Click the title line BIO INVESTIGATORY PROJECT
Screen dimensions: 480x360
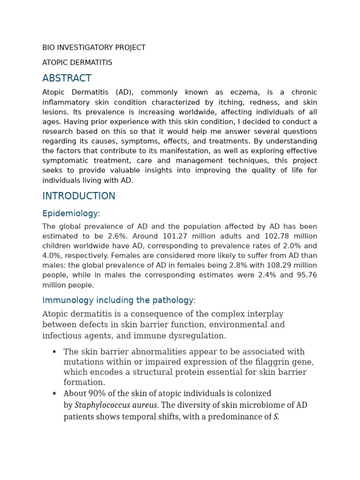(x=94, y=48)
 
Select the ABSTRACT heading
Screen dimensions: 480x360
(x=67, y=78)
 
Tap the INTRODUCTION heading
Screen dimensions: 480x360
(x=79, y=196)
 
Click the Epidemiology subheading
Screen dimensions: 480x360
(x=71, y=214)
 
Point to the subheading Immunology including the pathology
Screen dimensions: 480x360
(x=119, y=300)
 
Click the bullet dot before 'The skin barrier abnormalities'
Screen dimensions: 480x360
(x=54, y=352)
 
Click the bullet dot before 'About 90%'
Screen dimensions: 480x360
(x=54, y=394)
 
